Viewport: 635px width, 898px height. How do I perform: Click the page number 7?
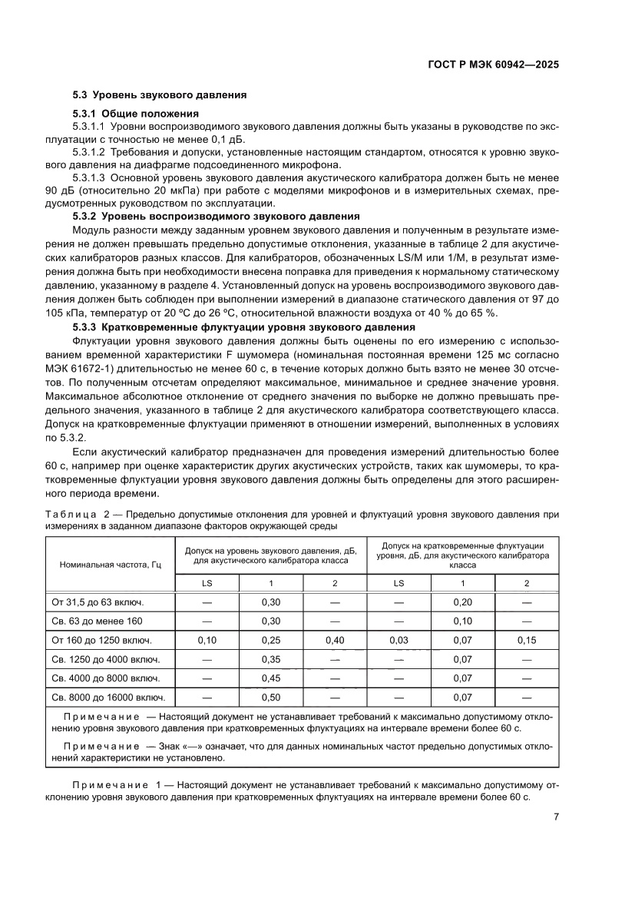[555, 817]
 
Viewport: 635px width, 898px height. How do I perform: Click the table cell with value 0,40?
[335, 639]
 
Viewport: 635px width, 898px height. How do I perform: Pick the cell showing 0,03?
[399, 639]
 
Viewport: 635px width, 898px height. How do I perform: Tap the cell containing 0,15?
[526, 639]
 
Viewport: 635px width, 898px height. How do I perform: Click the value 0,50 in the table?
[271, 698]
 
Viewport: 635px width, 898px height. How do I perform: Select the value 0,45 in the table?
[271, 678]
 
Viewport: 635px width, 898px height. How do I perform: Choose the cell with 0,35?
[271, 659]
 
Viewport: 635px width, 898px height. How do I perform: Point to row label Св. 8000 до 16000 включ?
[108, 698]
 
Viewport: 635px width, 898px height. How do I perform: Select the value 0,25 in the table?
[271, 639]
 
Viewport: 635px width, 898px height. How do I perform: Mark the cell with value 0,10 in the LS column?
[207, 639]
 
